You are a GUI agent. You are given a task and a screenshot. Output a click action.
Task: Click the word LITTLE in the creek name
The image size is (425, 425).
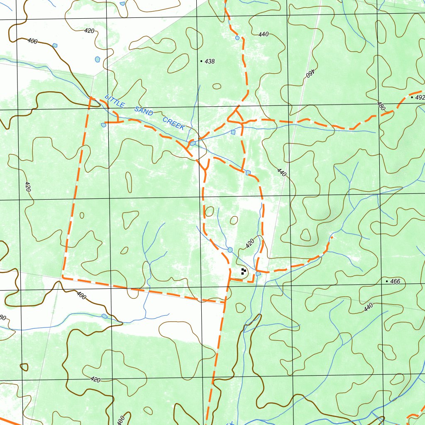click(115, 101)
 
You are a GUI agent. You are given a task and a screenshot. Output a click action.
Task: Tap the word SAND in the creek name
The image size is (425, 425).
click(144, 111)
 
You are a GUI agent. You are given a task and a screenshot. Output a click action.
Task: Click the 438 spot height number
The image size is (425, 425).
click(210, 61)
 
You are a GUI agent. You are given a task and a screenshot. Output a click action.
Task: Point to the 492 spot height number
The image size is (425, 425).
click(420, 98)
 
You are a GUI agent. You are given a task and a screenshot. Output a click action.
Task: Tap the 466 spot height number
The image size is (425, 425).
click(395, 281)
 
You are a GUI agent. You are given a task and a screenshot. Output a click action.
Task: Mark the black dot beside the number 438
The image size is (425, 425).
click(201, 61)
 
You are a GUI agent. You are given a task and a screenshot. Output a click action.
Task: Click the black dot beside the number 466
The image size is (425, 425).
click(387, 281)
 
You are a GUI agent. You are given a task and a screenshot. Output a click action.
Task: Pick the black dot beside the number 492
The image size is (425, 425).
click(412, 98)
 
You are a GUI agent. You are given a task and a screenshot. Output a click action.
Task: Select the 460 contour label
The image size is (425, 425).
click(309, 73)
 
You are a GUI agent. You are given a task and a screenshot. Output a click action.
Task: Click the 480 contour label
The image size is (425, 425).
click(381, 106)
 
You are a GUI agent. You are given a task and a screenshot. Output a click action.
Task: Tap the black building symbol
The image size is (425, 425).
click(243, 271)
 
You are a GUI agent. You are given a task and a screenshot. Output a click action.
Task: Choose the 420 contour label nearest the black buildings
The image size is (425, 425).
click(249, 244)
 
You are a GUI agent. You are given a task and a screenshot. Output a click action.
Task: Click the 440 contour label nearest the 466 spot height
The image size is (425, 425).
click(368, 308)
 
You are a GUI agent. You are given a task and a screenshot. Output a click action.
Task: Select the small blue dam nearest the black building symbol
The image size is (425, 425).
click(258, 274)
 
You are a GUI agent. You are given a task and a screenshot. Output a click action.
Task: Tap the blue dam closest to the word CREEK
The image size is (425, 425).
click(193, 143)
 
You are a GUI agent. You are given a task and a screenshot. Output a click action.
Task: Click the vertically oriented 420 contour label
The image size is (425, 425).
click(28, 186)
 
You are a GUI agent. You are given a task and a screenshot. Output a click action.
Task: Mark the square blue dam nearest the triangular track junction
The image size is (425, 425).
click(233, 132)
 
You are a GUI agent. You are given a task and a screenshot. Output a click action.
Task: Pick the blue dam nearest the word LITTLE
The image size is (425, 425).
click(103, 125)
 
